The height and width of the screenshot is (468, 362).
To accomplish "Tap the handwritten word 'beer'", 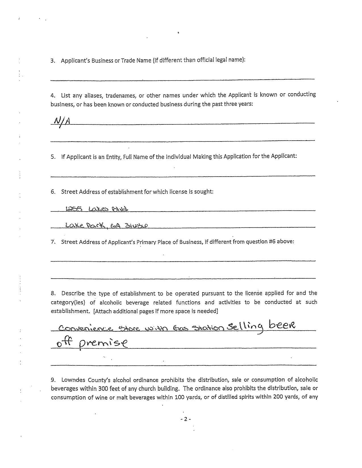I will tap(282, 325).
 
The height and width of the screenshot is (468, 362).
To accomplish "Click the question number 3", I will tap(53, 61).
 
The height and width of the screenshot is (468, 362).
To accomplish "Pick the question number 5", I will tap(53, 157).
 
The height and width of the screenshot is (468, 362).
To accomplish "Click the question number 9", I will tap(53, 380).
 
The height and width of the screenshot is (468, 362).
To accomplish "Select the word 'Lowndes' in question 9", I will tap(72, 380).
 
